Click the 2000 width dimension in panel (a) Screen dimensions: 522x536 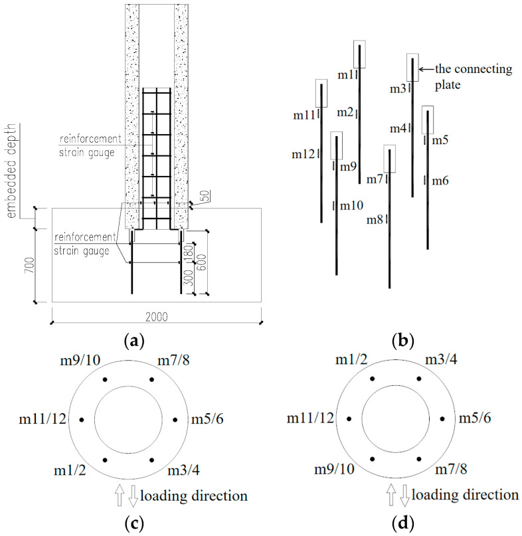157,317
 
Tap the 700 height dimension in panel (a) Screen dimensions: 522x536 29,265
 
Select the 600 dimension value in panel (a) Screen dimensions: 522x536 202,262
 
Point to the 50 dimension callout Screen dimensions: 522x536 205,196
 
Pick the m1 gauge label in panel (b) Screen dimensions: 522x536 346,75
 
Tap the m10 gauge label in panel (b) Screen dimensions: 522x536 351,205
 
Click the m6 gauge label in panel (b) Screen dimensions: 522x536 440,181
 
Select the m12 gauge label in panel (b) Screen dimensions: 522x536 303,155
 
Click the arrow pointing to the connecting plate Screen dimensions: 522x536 426,69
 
